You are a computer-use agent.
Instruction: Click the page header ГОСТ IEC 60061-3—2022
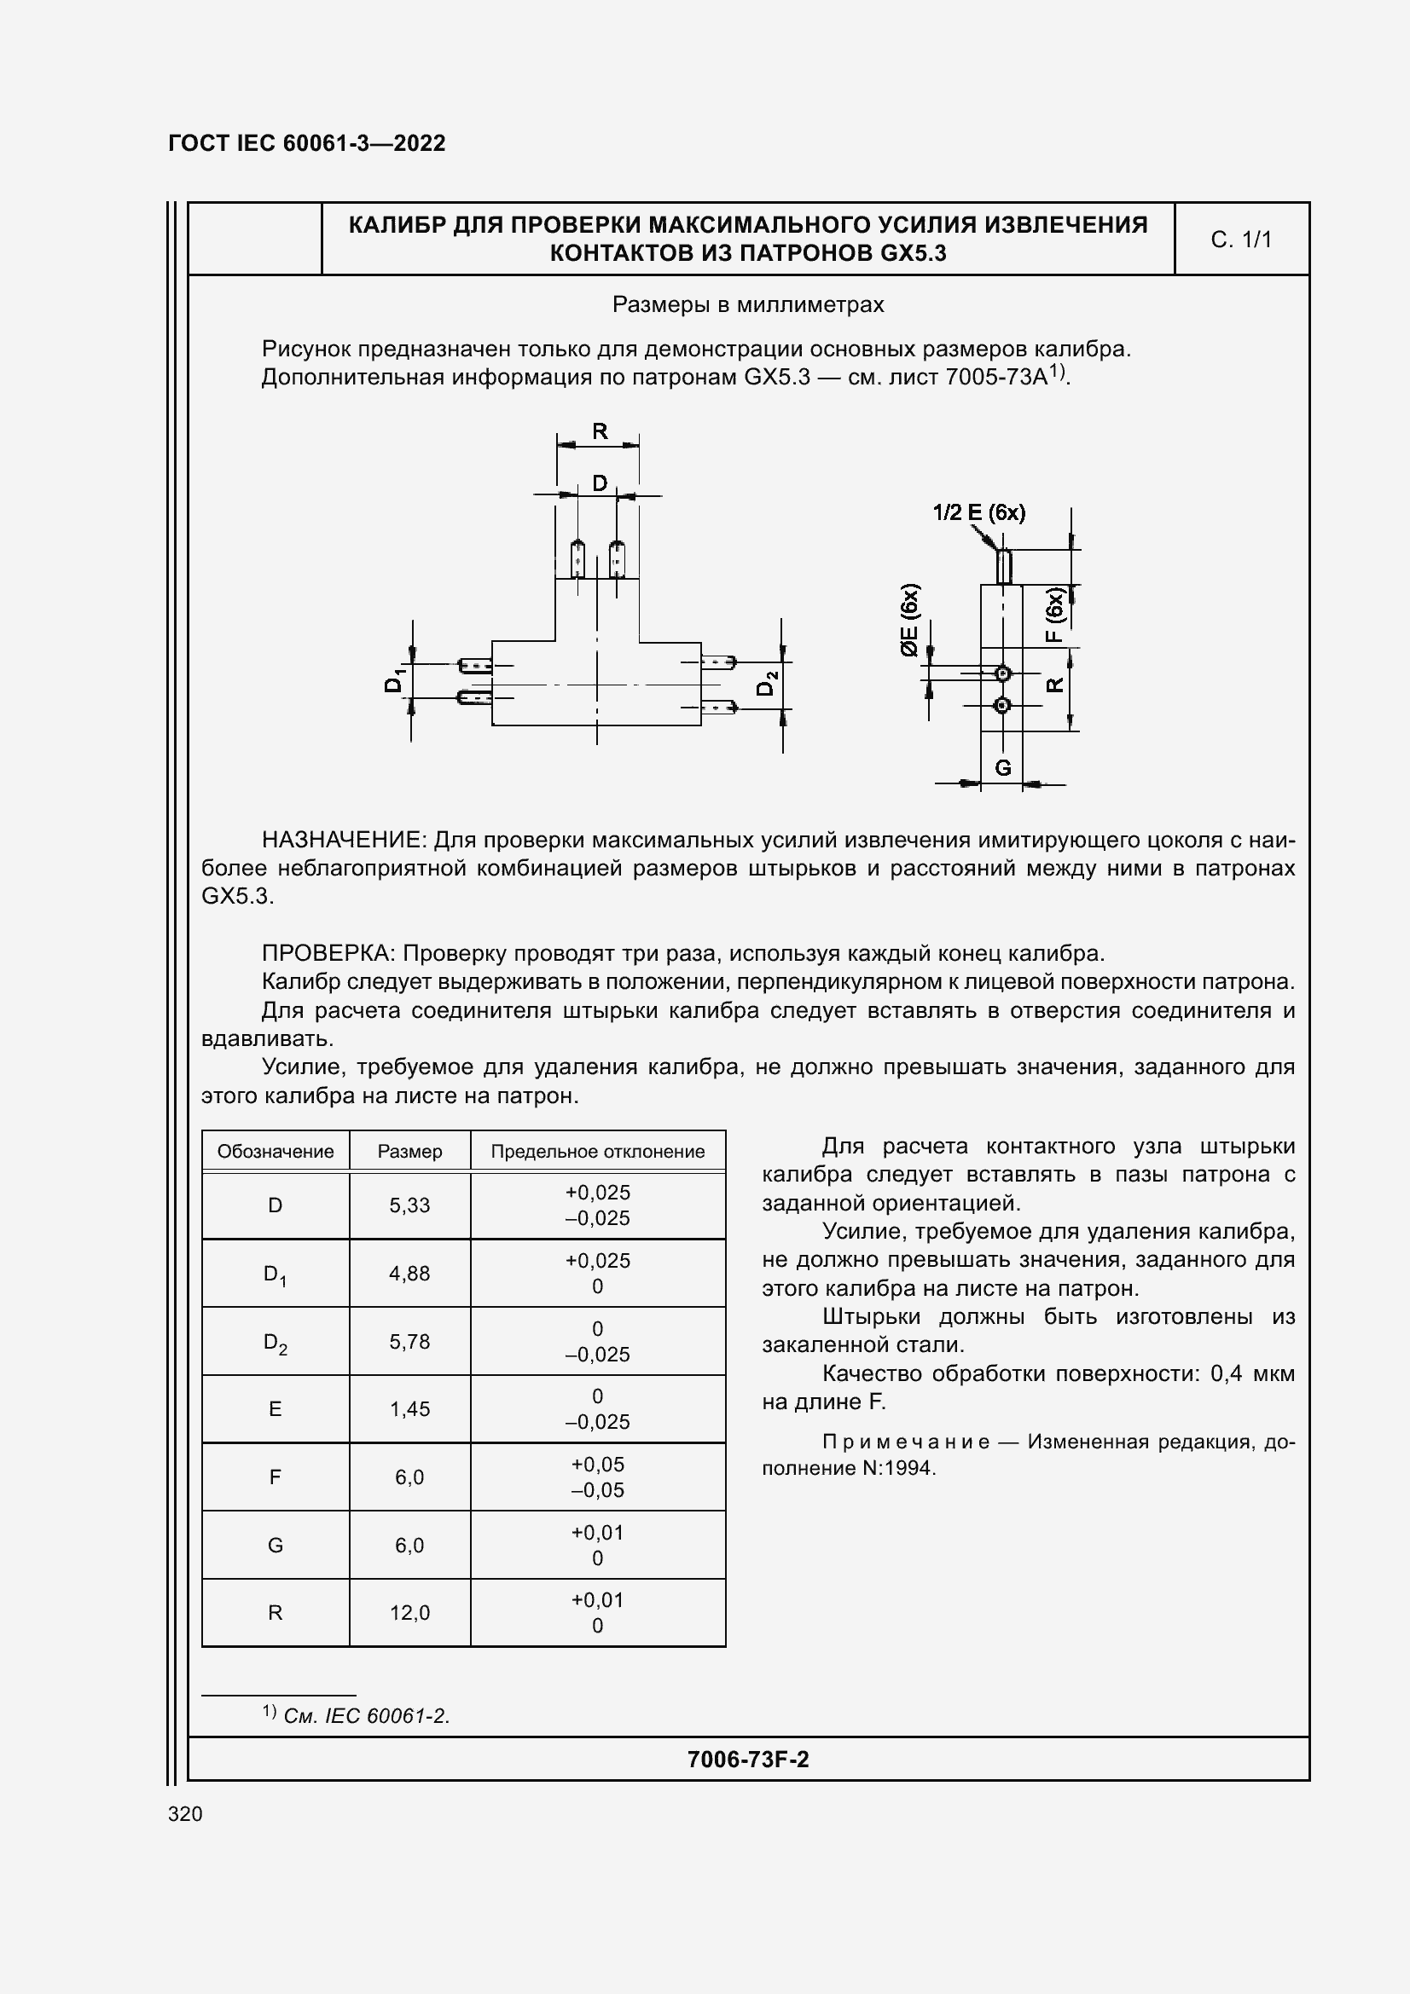click(x=307, y=143)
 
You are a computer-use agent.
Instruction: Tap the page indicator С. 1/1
click(x=1240, y=240)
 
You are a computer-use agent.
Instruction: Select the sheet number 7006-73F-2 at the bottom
click(x=747, y=1760)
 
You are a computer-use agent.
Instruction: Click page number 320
click(x=185, y=1814)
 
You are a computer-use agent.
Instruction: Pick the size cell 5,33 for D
click(x=409, y=1205)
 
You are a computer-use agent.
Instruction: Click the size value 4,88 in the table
click(x=409, y=1273)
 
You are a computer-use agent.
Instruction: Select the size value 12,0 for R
click(x=409, y=1613)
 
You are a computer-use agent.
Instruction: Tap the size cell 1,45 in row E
click(x=409, y=1408)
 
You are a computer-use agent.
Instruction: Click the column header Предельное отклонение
click(x=598, y=1152)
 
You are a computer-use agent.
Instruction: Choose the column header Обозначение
click(x=276, y=1152)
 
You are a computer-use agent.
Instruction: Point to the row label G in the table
click(x=276, y=1545)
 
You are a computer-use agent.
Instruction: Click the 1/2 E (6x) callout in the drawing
click(x=978, y=512)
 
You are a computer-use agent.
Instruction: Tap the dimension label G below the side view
click(x=1002, y=768)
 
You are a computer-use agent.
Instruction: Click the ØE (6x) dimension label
click(x=908, y=620)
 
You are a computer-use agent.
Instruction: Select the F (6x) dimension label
click(x=1053, y=615)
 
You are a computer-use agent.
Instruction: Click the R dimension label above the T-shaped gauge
click(x=600, y=431)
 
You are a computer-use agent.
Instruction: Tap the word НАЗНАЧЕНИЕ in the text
click(x=343, y=840)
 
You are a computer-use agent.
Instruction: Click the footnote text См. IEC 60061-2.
click(x=366, y=1716)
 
